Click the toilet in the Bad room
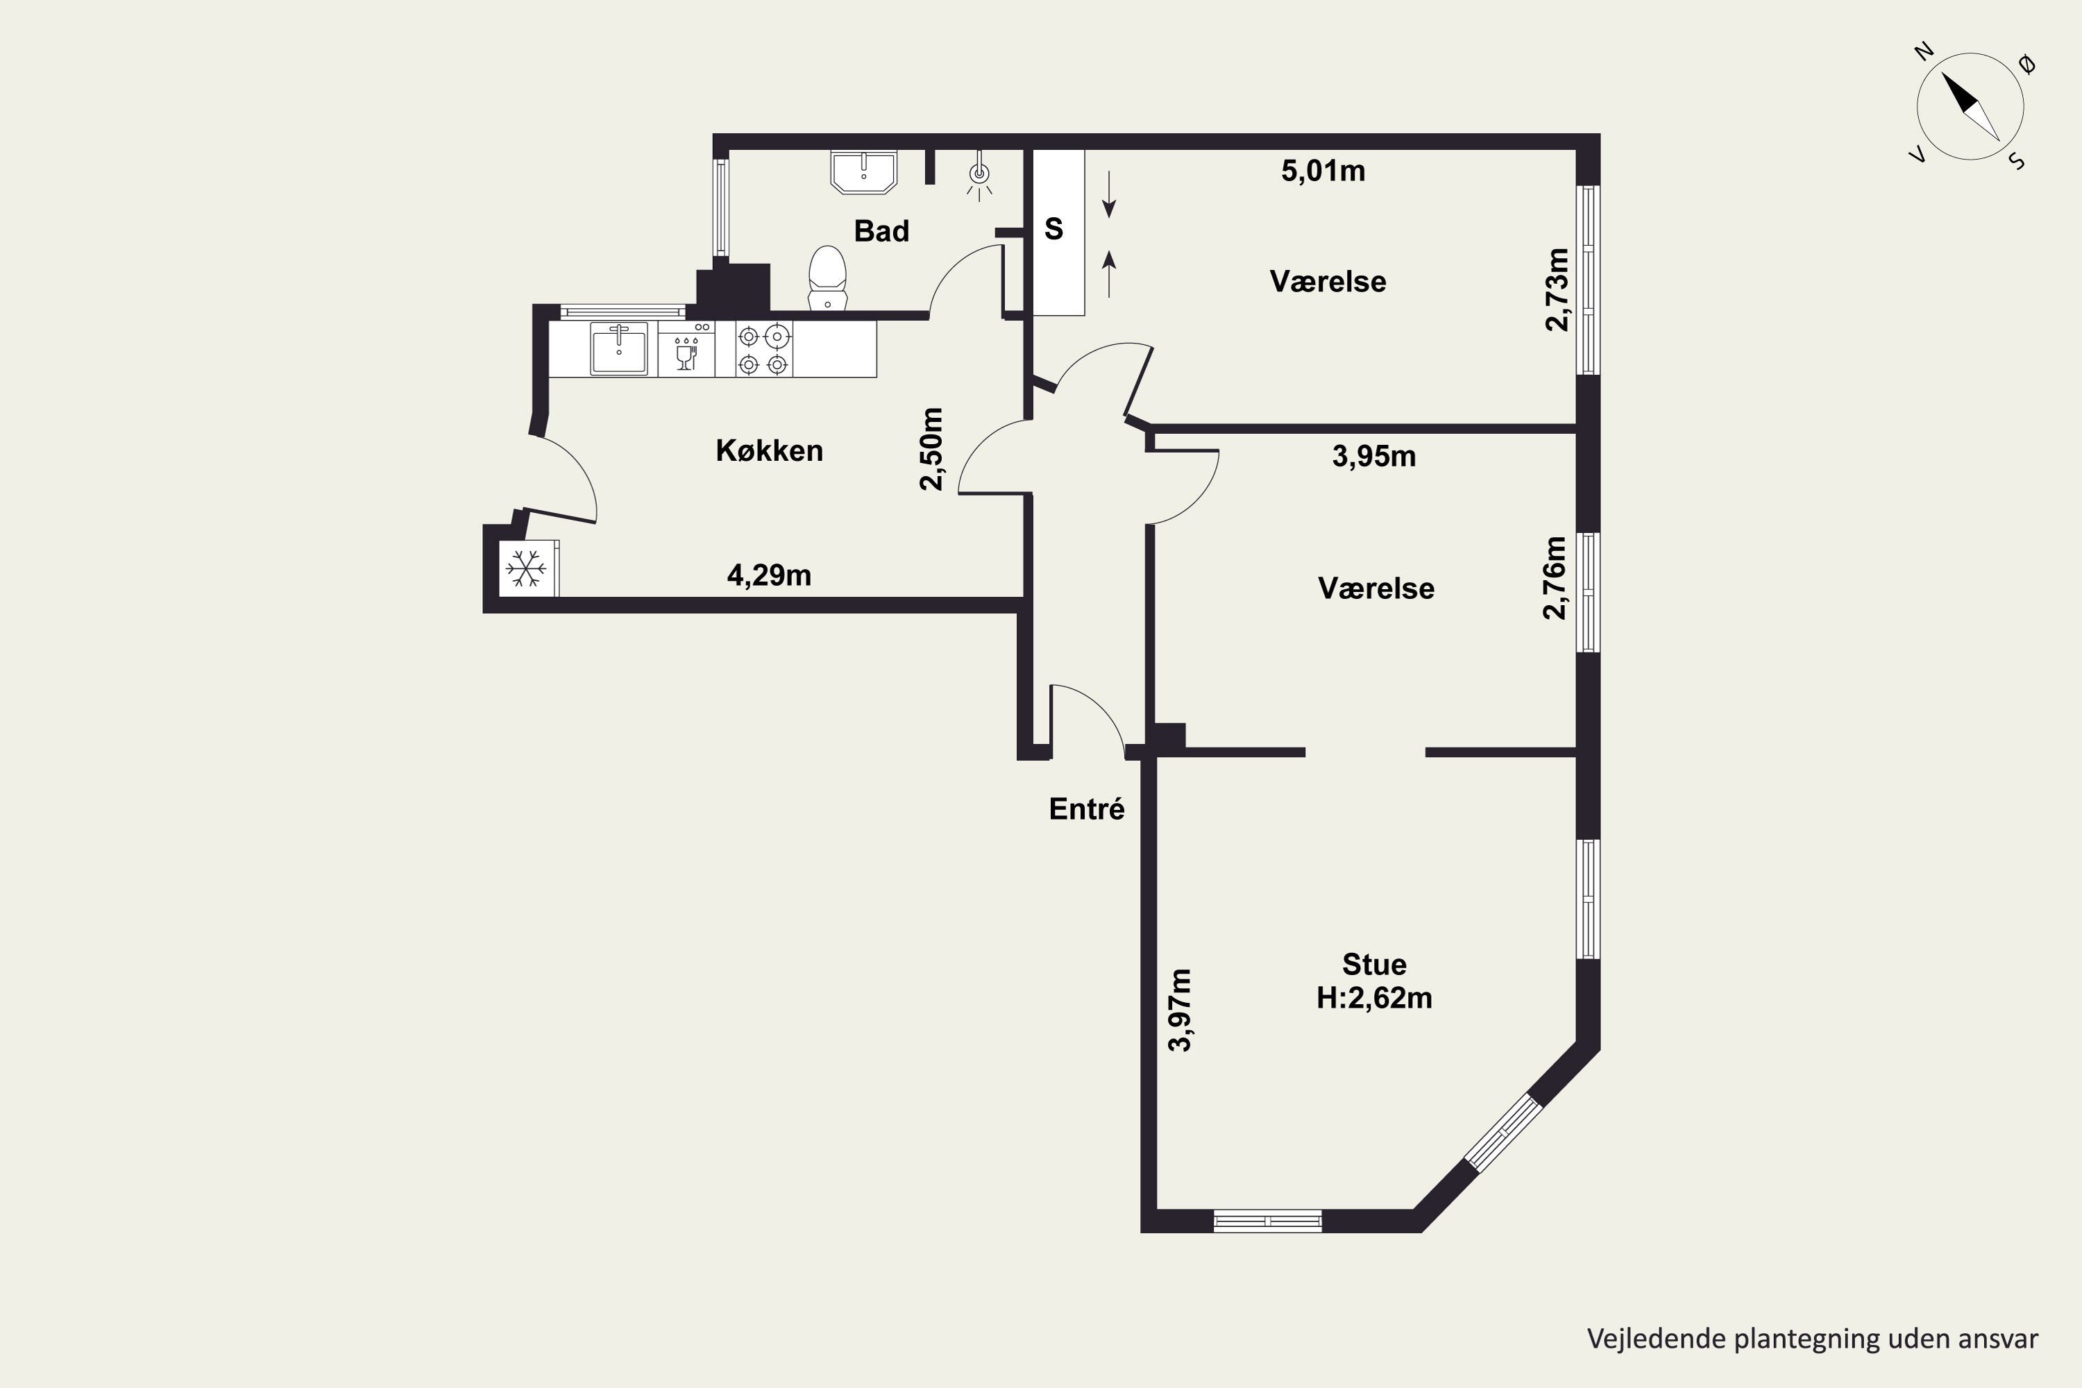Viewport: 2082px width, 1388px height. [828, 278]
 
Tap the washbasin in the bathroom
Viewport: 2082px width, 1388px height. [864, 171]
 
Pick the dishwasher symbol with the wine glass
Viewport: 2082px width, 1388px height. [686, 349]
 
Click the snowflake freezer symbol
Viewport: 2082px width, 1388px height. [526, 568]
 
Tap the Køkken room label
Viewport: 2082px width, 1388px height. [769, 450]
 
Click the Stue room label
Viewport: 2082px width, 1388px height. [1374, 964]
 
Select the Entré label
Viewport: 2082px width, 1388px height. [1086, 809]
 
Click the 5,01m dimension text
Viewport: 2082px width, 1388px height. [1323, 171]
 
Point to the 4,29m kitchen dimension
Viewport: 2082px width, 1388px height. [769, 575]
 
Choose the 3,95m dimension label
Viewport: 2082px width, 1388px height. [1374, 456]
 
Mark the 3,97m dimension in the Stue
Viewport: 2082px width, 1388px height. [1180, 1010]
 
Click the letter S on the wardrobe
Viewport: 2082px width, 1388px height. [1053, 229]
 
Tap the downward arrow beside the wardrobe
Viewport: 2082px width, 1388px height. [1108, 196]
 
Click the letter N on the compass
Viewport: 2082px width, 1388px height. [1924, 77]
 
